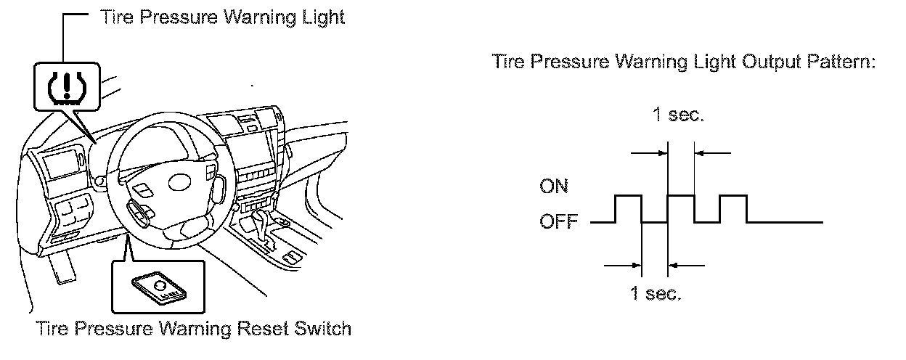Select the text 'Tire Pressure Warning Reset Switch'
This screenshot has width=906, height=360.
point(193,329)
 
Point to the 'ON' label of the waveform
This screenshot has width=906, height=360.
point(554,187)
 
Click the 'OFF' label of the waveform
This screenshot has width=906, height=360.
point(558,222)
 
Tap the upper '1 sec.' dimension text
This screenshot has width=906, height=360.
point(679,116)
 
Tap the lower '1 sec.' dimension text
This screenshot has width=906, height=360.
point(655,295)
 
